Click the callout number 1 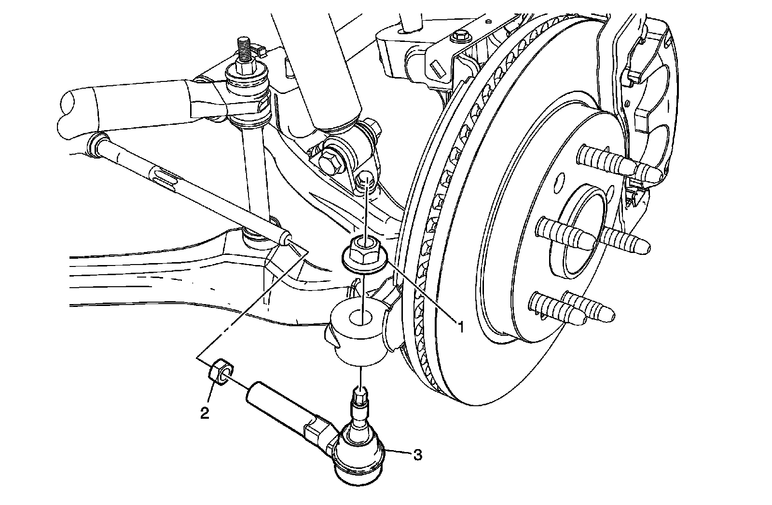(x=460, y=327)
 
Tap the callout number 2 (x=205, y=412)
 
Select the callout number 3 (x=418, y=454)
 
